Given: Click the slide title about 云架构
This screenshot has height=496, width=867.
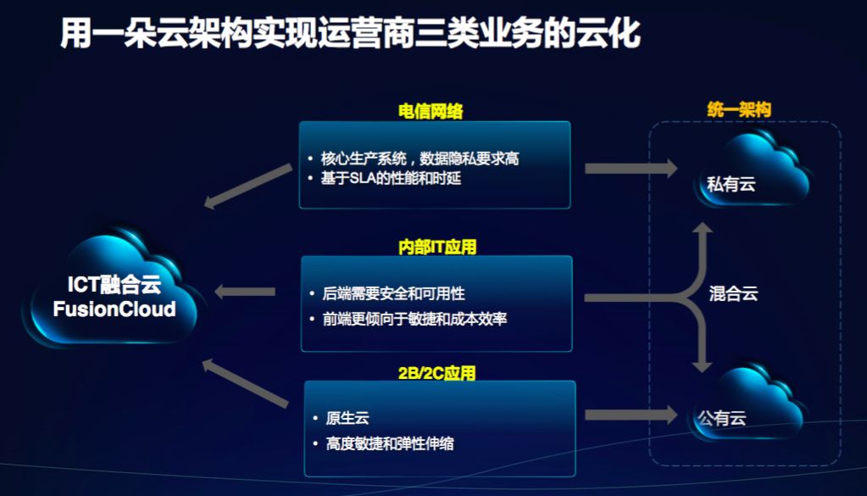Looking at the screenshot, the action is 350,32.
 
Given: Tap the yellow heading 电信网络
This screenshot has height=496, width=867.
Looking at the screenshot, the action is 431,111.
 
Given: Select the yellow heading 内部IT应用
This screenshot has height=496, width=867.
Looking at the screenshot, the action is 436,247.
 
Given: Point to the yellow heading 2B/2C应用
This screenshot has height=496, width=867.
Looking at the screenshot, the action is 436,373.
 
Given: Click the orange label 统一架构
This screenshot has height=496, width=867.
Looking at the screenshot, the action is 739,109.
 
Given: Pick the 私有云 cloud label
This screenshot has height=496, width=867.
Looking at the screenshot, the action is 731,184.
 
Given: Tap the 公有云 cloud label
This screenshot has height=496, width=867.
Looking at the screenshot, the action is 721,417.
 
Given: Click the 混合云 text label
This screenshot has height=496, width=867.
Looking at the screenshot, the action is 733,293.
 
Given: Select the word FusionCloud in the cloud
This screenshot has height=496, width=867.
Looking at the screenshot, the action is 114,309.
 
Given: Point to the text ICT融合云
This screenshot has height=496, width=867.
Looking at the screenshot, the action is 114,284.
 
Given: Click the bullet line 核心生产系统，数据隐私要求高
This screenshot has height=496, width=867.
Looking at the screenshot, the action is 420,159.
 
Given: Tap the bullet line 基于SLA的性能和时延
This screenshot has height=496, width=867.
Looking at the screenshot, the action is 391,178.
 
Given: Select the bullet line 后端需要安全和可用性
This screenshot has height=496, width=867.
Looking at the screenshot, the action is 394,293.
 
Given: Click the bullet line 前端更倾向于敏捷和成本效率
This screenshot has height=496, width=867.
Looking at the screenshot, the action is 414,319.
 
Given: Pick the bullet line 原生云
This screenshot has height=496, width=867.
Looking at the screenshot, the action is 347,417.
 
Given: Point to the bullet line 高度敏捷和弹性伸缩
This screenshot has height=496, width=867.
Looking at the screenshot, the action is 390,443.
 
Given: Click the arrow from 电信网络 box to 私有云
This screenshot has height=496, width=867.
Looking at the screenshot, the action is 631,168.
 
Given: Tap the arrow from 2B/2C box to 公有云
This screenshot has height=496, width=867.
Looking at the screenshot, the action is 631,415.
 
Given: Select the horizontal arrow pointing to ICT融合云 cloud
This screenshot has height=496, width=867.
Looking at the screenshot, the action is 244,292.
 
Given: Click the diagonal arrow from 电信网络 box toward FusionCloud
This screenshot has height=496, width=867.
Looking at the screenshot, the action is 247,187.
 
